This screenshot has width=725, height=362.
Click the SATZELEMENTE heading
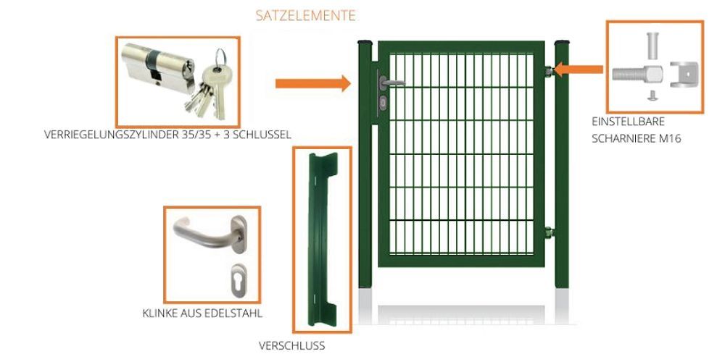point(306,16)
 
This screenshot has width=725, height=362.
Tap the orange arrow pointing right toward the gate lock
point(313,83)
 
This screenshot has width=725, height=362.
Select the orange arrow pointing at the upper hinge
point(579,70)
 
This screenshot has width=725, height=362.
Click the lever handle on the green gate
point(391,83)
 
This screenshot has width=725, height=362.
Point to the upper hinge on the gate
point(550,72)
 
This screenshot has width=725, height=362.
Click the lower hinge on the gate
point(550,232)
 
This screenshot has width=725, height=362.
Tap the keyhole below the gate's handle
point(384,103)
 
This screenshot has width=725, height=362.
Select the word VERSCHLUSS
point(291,345)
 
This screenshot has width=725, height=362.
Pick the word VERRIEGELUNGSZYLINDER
point(112,135)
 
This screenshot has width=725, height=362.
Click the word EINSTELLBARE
point(628,122)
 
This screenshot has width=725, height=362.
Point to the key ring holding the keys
point(220,57)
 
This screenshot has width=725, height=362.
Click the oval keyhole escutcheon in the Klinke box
point(238,280)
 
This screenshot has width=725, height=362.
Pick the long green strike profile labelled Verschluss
point(323,239)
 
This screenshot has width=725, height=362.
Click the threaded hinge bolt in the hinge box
point(637,74)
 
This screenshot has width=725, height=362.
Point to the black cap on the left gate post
point(365,43)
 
